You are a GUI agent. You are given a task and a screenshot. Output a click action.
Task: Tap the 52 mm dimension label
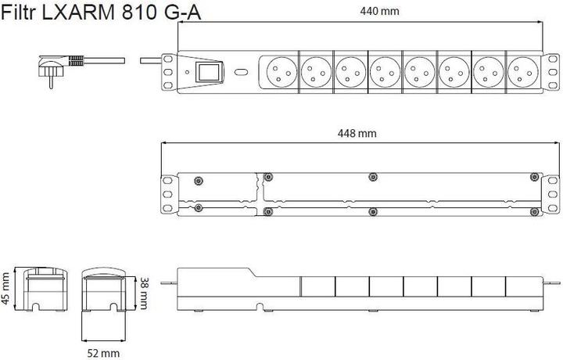(x=103, y=354)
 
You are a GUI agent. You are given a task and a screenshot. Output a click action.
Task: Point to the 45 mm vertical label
(x=7, y=290)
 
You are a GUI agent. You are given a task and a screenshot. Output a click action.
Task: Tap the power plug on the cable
(x=53, y=67)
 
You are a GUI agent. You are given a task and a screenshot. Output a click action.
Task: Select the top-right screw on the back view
(x=534, y=176)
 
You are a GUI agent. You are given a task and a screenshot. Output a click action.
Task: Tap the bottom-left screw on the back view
(x=200, y=208)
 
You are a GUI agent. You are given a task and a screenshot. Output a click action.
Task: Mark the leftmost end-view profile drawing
(x=44, y=290)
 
